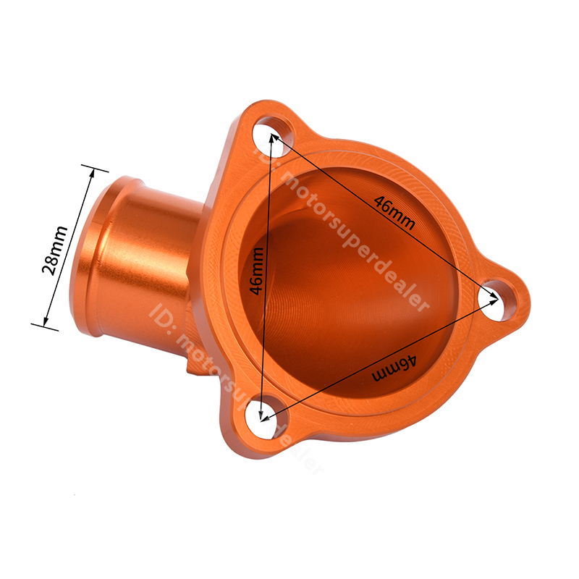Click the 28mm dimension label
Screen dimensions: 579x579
(55, 250)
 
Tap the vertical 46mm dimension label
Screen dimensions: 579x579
(257, 271)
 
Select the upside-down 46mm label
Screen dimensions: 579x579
(394, 368)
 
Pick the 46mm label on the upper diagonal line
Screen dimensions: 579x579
(394, 212)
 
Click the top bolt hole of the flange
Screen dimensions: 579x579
(274, 136)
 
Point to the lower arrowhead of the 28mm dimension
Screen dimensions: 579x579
(46, 321)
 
